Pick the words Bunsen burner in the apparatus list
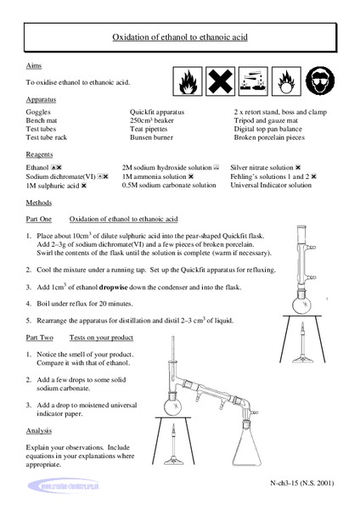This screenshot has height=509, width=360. click(x=154, y=137)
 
